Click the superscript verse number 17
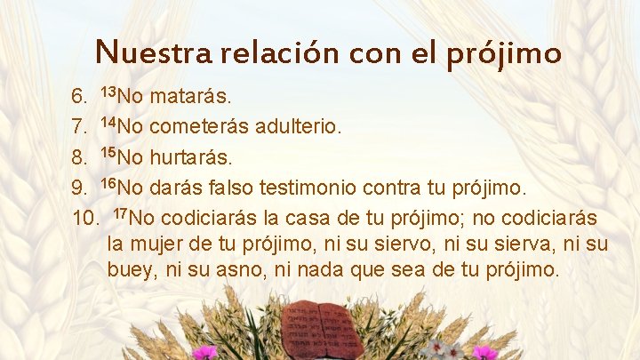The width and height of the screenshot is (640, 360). pyautogui.click(x=122, y=212)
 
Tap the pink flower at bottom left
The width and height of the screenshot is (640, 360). pyautogui.click(x=205, y=352)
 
